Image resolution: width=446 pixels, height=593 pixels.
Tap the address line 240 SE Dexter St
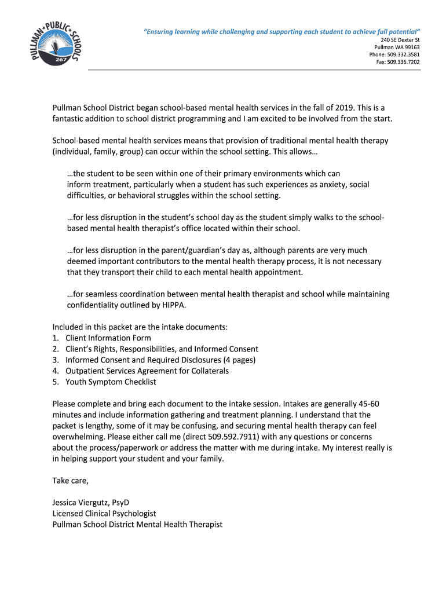point(400,39)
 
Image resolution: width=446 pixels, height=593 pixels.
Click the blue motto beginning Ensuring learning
point(282,31)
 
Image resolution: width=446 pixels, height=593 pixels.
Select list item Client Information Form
point(108,338)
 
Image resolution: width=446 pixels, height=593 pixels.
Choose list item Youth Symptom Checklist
point(111,382)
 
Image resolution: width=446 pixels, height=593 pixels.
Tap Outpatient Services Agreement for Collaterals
point(147,371)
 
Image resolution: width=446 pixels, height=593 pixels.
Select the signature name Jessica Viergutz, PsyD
point(95,503)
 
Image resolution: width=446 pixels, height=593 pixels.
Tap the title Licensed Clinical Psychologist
point(104,514)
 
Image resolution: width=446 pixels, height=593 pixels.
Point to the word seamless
point(96,294)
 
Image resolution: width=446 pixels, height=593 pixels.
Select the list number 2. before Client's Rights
point(56,349)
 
